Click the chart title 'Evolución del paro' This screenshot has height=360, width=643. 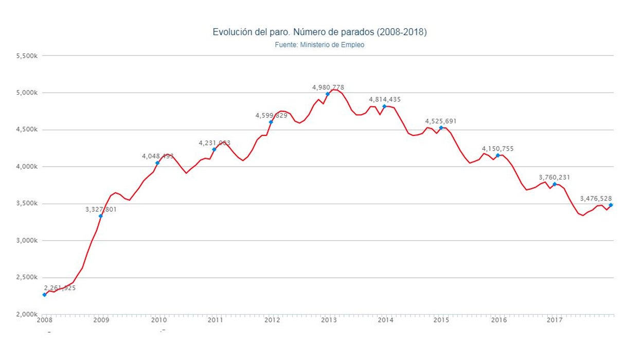click(319, 32)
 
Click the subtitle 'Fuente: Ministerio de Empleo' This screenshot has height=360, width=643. click(319, 45)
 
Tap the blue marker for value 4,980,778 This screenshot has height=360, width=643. click(328, 94)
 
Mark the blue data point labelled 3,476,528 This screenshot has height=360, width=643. click(611, 205)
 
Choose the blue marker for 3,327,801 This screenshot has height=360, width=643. click(101, 216)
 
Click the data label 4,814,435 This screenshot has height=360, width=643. click(385, 99)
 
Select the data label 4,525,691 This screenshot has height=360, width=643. click(441, 121)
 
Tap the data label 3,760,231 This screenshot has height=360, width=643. click(555, 177)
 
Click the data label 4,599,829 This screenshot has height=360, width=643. click(271, 116)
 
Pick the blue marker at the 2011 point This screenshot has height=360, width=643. click(214, 150)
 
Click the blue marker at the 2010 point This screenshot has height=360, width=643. click(157, 163)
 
